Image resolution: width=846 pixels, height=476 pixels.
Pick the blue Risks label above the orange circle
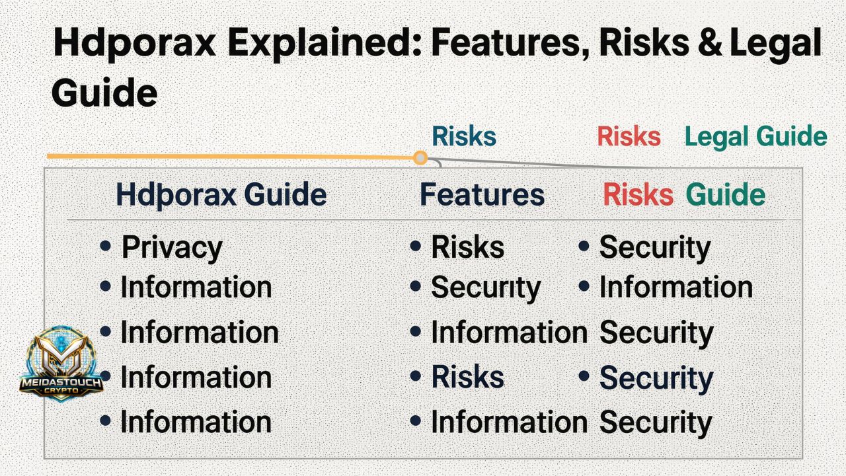463,137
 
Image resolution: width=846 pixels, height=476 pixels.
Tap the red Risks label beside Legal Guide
629,137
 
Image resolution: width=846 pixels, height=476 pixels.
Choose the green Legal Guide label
755,137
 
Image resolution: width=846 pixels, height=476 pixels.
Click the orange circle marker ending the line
420,157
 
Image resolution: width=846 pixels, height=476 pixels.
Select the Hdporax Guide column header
221,195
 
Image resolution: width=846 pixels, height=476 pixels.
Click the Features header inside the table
482,195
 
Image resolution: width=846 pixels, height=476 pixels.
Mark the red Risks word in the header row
638,195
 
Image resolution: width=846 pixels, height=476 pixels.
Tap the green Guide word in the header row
726,195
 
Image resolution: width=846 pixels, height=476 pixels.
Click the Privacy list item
172,248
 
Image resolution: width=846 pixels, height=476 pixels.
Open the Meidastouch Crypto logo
61,364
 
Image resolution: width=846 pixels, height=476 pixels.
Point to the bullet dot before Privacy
105,247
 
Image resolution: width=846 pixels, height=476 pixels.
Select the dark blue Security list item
656,378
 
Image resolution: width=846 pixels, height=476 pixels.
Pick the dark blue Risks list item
467,377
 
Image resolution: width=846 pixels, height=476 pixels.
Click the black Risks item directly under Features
467,247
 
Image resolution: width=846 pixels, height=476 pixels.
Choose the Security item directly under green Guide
654,247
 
